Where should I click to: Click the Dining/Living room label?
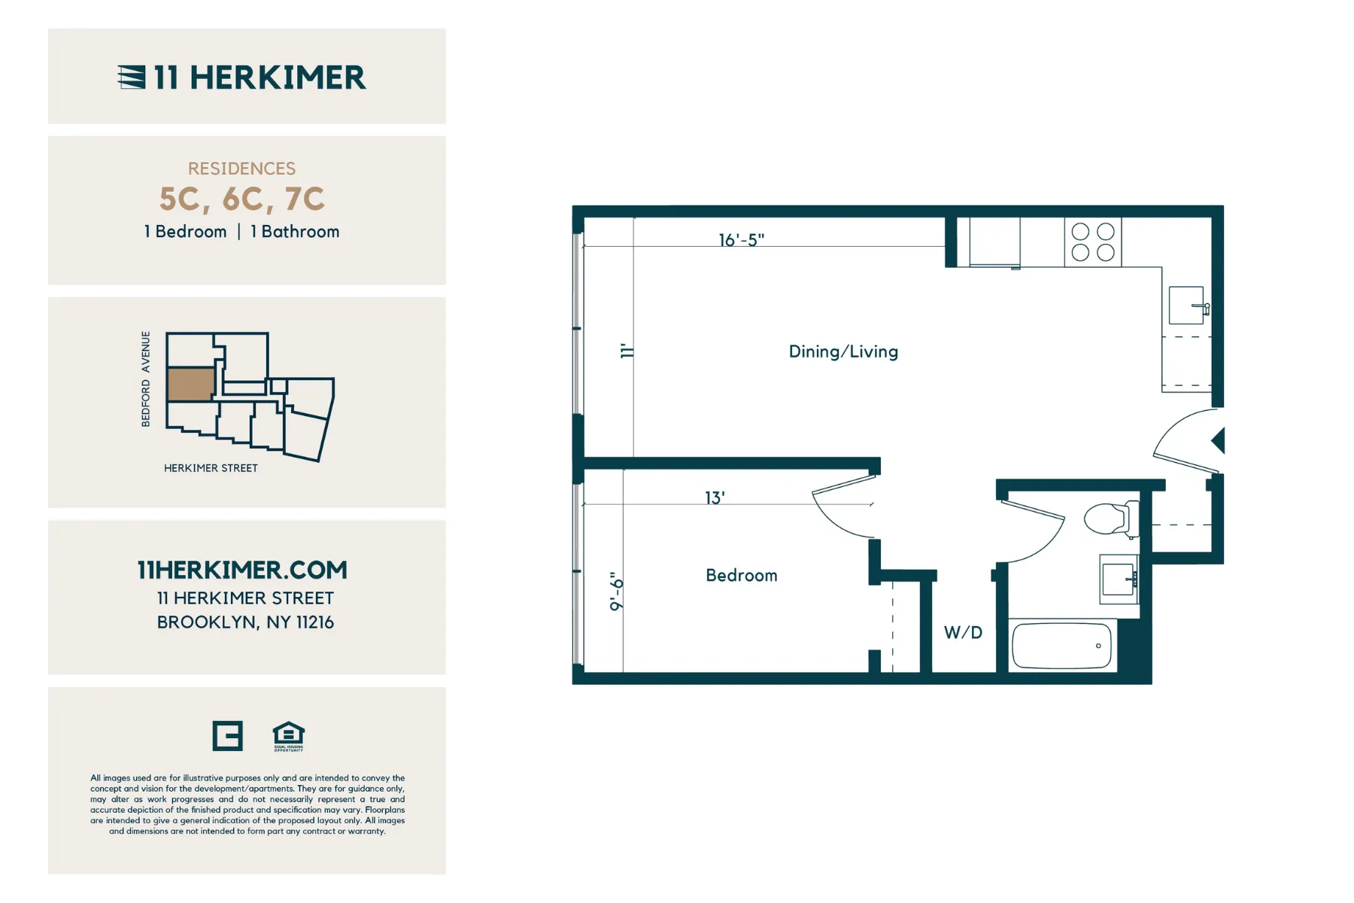click(x=842, y=351)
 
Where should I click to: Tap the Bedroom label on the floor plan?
click(x=741, y=575)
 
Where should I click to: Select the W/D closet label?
click(x=963, y=632)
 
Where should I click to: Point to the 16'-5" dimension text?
click(x=741, y=239)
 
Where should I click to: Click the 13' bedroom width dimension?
click(x=714, y=497)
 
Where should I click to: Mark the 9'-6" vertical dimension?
click(x=616, y=591)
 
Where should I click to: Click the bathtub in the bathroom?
click(x=1061, y=646)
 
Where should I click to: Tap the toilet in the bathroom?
click(x=1109, y=518)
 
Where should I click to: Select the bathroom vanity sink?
click(x=1119, y=579)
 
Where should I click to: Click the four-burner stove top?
click(x=1092, y=242)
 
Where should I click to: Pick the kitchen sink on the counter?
click(x=1186, y=305)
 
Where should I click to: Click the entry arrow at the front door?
click(x=1218, y=440)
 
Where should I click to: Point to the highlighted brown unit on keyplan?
click(x=190, y=384)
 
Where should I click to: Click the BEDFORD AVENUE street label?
click(x=145, y=379)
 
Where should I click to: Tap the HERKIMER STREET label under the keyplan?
click(x=211, y=468)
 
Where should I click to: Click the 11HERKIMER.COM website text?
click(x=242, y=570)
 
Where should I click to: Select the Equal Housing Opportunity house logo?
click(x=288, y=736)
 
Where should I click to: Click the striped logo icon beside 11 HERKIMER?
click(x=132, y=77)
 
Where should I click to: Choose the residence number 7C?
click(x=305, y=199)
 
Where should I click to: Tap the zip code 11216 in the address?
click(x=314, y=622)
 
